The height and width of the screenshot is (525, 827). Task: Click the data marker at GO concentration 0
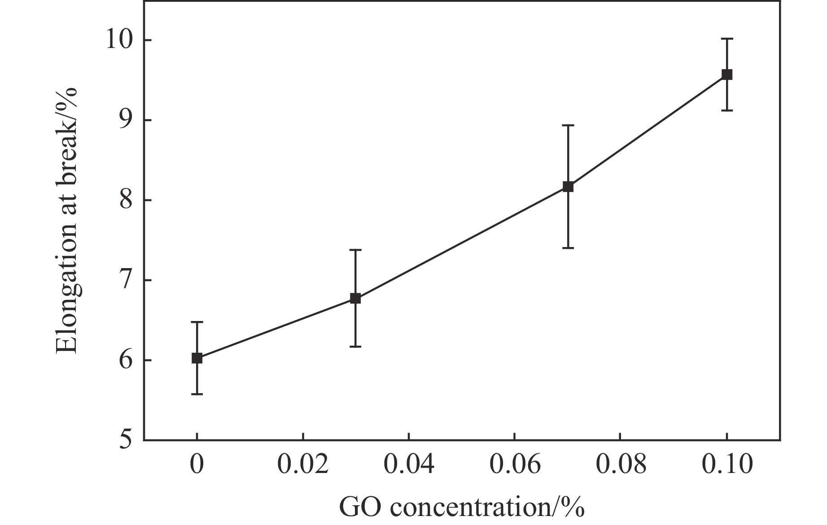(x=197, y=358)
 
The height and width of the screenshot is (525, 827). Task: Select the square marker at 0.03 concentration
(x=355, y=299)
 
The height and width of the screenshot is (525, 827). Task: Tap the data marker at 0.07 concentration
(x=568, y=187)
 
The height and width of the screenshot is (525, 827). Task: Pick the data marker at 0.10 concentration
(x=727, y=74)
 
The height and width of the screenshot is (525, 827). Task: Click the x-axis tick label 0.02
(x=303, y=464)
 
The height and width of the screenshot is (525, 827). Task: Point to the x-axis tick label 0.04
(x=408, y=464)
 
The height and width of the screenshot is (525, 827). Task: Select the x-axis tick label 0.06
(x=515, y=464)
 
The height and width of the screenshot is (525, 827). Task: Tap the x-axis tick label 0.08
(x=621, y=464)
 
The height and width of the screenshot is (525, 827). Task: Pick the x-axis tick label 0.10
(x=726, y=464)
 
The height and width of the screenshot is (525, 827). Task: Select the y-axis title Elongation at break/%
(x=67, y=221)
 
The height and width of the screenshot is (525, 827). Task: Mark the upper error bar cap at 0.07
(x=568, y=126)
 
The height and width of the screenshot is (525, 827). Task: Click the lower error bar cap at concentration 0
(x=197, y=394)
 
